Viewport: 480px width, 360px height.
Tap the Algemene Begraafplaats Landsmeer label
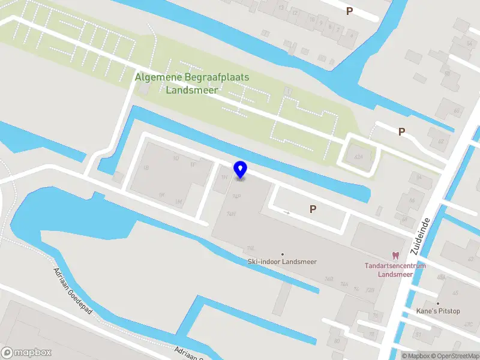(x=192, y=83)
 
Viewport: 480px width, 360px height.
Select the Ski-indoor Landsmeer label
(x=282, y=262)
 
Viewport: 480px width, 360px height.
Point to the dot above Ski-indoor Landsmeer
(x=283, y=254)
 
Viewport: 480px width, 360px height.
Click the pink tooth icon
(x=395, y=256)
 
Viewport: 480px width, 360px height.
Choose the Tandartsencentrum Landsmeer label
(x=395, y=270)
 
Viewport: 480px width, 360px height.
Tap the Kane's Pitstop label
(x=438, y=311)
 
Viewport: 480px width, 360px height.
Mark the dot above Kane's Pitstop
(x=438, y=304)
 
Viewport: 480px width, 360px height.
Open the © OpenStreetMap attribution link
(x=454, y=356)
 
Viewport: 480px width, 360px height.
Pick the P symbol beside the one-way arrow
(x=313, y=209)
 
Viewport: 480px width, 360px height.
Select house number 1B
(x=145, y=169)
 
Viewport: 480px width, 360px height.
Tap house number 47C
(x=467, y=325)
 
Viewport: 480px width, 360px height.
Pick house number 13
(x=281, y=7)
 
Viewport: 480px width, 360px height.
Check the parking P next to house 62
(x=401, y=131)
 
